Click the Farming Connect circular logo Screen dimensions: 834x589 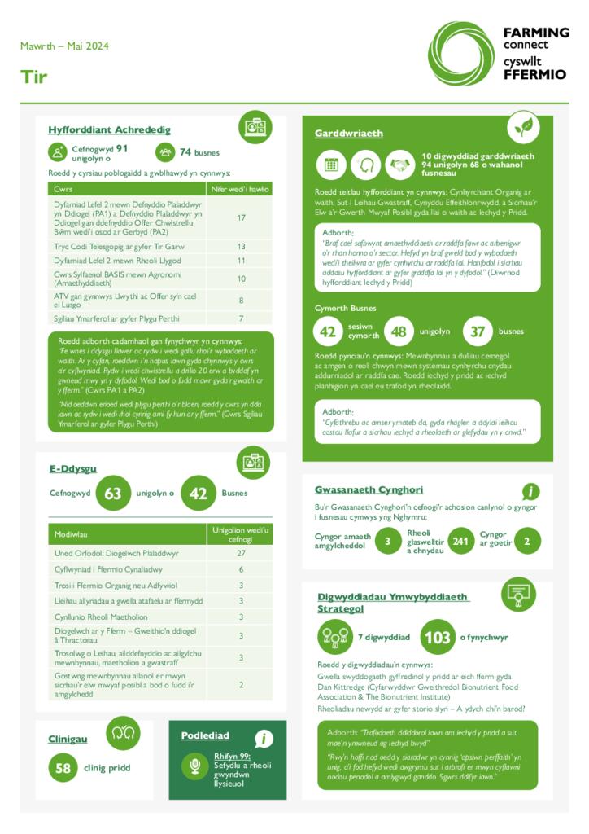[460, 53]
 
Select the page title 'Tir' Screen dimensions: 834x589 [34, 77]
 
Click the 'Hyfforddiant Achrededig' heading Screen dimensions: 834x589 [109, 129]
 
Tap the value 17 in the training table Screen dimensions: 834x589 [241, 217]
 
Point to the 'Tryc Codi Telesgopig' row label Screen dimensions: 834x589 [119, 246]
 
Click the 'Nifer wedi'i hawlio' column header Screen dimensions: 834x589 [241, 189]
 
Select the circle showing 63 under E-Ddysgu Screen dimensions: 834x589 [113, 494]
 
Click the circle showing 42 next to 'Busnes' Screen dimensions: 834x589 [198, 494]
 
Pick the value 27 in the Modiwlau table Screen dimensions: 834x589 [241, 553]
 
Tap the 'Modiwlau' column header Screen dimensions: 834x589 [72, 534]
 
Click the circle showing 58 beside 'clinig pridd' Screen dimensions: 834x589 [63, 767]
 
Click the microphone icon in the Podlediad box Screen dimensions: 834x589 [195, 766]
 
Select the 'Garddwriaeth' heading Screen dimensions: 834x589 [348, 133]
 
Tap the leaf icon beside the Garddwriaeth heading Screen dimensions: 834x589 [523, 128]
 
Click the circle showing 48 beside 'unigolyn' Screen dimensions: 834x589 [399, 331]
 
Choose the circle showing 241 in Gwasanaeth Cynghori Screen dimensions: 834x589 [461, 541]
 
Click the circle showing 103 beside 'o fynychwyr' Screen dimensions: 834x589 [438, 637]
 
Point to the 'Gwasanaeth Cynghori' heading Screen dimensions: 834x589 [369, 489]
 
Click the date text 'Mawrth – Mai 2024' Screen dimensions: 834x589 [64, 46]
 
